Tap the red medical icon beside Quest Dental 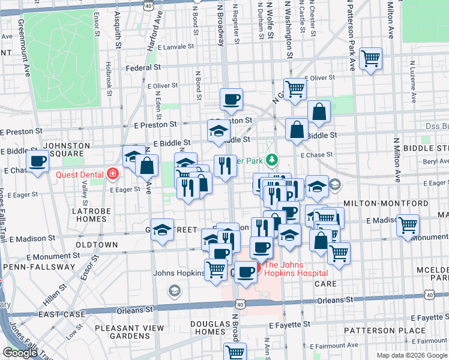111,175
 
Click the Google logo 20,353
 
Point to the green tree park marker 273,160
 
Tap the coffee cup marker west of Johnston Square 37,161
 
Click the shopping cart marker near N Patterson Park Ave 371,59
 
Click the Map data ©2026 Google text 411,355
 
